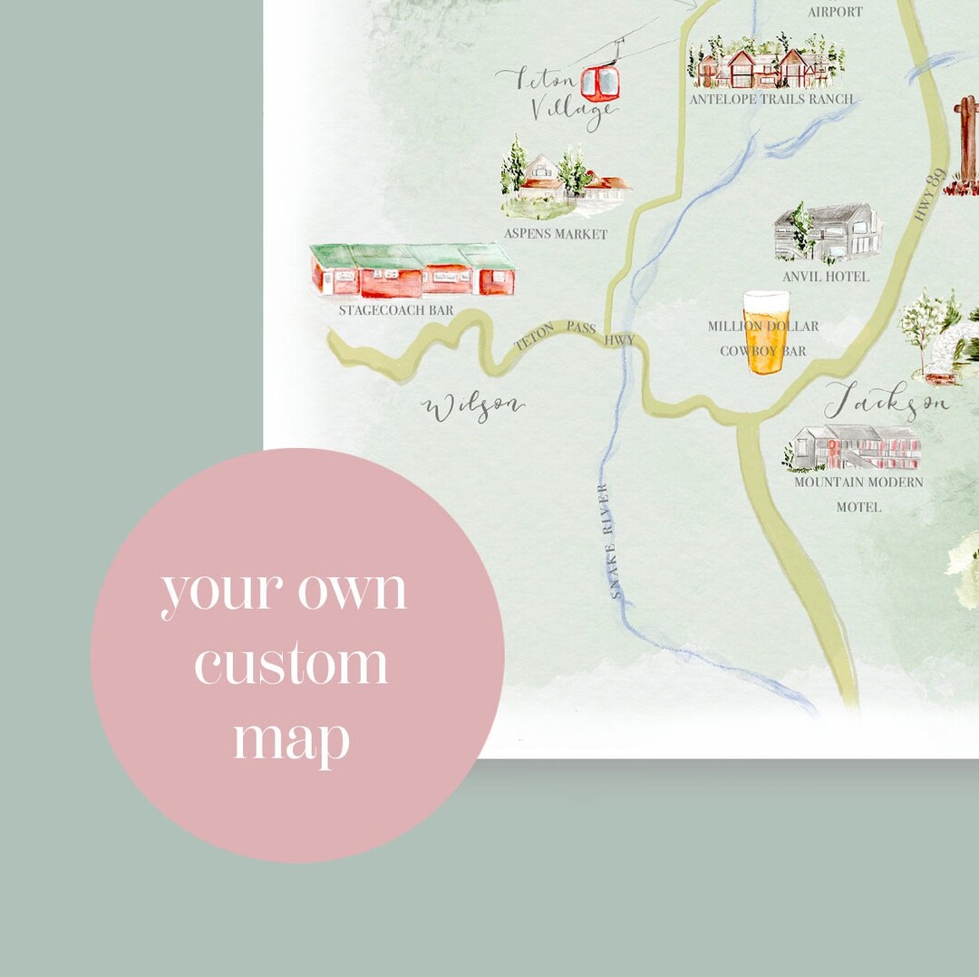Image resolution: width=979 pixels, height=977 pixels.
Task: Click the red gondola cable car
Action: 599,83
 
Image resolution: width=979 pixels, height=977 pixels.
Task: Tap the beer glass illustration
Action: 766,332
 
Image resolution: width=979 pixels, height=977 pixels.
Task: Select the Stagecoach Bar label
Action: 396,310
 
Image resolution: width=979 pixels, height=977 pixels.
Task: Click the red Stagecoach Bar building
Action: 412,270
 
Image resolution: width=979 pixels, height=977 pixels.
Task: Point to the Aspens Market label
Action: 556,234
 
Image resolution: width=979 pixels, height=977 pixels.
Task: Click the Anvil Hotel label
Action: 826,276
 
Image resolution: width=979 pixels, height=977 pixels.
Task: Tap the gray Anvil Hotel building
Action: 828,232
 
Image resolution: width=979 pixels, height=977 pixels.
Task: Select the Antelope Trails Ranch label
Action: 771,99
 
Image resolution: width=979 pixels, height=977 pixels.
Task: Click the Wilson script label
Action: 473,407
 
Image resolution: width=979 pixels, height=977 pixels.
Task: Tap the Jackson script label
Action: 887,400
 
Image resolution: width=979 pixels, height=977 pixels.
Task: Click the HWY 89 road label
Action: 931,195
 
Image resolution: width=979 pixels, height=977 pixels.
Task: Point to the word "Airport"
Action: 835,12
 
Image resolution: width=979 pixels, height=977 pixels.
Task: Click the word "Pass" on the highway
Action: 581,327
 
